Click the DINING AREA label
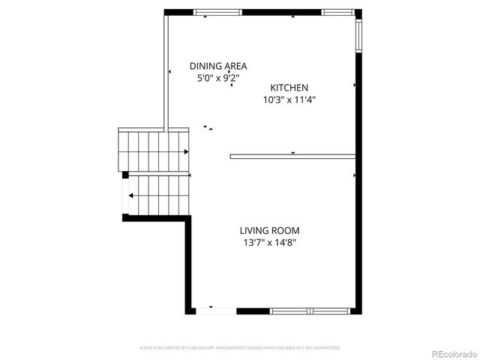[x=217, y=66]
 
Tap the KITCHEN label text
[x=289, y=88]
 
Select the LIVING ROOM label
[x=269, y=231]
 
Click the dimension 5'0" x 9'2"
[x=217, y=77]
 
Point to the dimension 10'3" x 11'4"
[x=289, y=99]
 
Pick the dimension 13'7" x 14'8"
[x=269, y=243]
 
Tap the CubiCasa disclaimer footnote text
[x=240, y=348]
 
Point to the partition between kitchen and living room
[x=292, y=156]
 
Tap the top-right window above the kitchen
[x=337, y=12]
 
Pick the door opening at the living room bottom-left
[x=211, y=310]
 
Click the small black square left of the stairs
[x=126, y=175]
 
